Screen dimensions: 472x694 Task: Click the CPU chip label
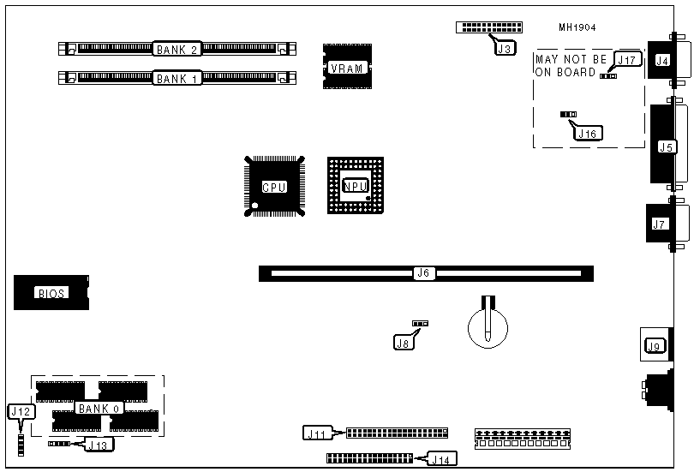(x=273, y=187)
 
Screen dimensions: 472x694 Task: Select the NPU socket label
(x=354, y=186)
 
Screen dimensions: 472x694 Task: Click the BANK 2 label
(x=177, y=50)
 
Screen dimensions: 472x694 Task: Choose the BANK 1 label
(x=177, y=79)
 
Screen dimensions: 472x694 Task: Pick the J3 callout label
(x=506, y=49)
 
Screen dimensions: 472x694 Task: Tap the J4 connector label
(x=661, y=60)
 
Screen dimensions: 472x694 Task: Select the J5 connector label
(x=666, y=146)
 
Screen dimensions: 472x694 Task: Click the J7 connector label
(x=658, y=225)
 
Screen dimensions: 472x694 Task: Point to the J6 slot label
(x=422, y=274)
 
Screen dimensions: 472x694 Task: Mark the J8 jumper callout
(x=403, y=343)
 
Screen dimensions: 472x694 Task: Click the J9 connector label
(x=655, y=346)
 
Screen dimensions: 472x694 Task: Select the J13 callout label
(x=99, y=445)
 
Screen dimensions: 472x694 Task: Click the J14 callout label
(x=443, y=460)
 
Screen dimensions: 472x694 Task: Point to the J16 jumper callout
(x=588, y=133)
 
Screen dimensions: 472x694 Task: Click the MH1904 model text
(x=577, y=27)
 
